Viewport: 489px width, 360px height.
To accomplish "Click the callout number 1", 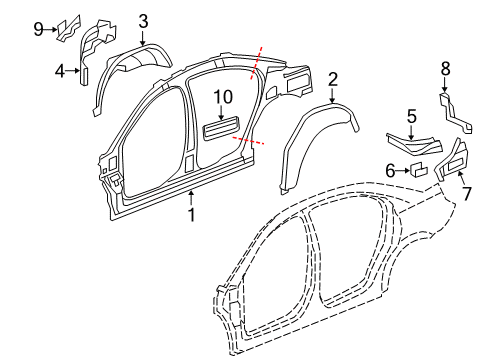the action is (191, 214).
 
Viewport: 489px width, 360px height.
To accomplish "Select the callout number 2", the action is (332, 80).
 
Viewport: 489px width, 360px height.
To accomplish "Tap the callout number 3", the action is (143, 22).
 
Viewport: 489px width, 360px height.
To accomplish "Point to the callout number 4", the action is (60, 71).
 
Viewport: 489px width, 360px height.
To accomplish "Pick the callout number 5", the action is (412, 116).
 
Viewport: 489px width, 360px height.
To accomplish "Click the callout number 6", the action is (390, 171).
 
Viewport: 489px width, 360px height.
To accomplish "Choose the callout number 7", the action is (467, 194).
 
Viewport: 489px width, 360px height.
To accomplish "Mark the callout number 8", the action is (445, 69).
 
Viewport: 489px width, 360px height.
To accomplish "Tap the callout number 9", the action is (39, 29).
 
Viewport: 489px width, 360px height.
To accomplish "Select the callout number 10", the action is (223, 97).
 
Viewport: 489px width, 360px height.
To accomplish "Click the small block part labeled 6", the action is (418, 169).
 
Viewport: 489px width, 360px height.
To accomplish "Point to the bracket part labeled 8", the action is (455, 114).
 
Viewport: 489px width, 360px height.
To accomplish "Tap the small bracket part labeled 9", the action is (69, 29).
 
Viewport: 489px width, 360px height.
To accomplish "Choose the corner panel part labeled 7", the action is (453, 160).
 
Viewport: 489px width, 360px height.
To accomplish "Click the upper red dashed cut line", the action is (256, 63).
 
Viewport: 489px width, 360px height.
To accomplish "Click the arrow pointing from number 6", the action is (403, 171).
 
